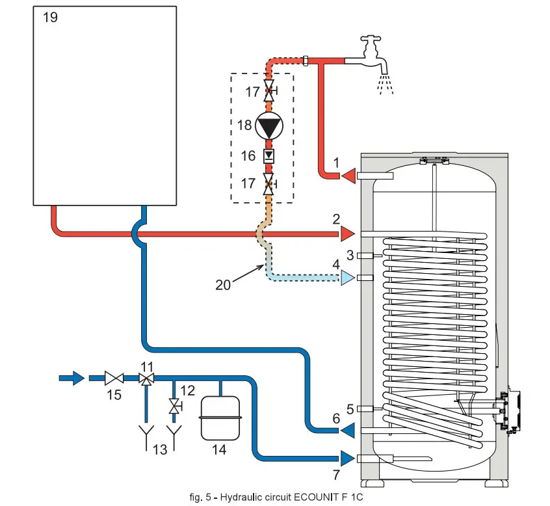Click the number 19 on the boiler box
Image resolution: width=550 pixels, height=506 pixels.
click(50, 18)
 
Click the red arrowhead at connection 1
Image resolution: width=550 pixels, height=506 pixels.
click(348, 175)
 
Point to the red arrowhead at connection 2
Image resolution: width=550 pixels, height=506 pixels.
click(347, 233)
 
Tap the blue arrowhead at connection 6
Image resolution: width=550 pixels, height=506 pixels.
click(348, 430)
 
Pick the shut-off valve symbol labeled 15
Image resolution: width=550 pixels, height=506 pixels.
click(114, 377)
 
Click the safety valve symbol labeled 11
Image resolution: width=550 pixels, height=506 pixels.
click(148, 378)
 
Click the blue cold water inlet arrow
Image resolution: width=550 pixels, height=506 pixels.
click(72, 377)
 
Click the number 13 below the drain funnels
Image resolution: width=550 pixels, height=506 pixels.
click(160, 449)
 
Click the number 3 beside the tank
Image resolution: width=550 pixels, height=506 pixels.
click(350, 255)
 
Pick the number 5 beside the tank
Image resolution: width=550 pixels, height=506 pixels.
click(350, 409)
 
